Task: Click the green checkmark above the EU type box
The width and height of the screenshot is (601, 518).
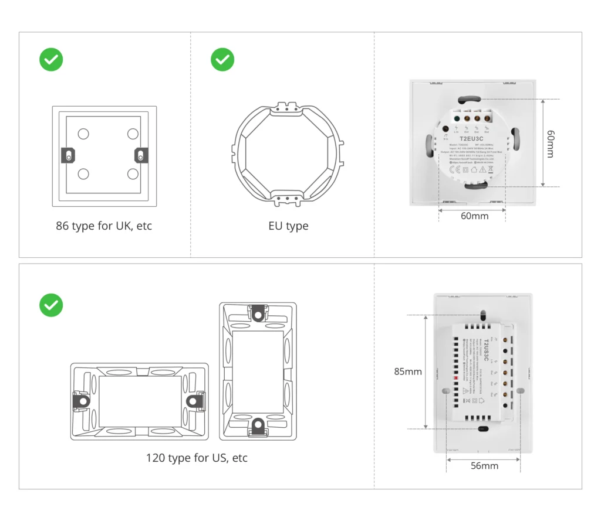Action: pyautogui.click(x=222, y=60)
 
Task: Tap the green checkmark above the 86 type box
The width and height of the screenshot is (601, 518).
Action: pyautogui.click(x=51, y=60)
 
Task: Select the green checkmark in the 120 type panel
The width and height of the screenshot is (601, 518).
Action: pyautogui.click(x=51, y=305)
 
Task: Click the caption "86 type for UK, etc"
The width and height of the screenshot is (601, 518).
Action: pyautogui.click(x=104, y=226)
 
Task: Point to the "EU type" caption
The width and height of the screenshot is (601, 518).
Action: pyautogui.click(x=288, y=226)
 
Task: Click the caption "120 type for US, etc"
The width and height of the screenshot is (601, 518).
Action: pyautogui.click(x=197, y=458)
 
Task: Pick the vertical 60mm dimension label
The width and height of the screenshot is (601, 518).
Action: pyautogui.click(x=550, y=144)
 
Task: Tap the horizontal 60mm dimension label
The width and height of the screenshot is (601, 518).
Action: pyautogui.click(x=474, y=216)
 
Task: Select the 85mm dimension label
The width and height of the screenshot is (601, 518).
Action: pyautogui.click(x=408, y=372)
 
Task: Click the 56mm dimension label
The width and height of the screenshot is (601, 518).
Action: pyautogui.click(x=484, y=466)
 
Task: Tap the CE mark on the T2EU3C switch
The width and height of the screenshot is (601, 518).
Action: pyautogui.click(x=454, y=171)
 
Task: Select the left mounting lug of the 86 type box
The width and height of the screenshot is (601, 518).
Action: pyautogui.click(x=69, y=155)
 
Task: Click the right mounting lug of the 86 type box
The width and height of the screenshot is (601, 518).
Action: pyautogui.click(x=141, y=155)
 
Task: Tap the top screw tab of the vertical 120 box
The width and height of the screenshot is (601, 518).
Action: pyautogui.click(x=258, y=313)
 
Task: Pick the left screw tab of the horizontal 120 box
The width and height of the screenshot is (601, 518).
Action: pyautogui.click(x=80, y=401)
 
